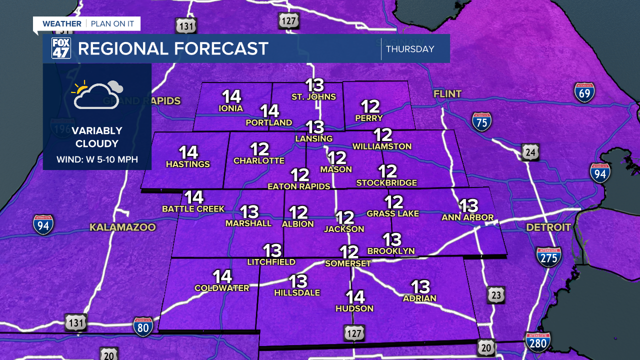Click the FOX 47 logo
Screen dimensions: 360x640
coord(61,48)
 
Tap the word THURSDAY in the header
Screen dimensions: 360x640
coord(409,49)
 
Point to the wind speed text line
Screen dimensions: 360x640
coord(97,160)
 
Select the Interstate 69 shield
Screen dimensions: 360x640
coord(584,92)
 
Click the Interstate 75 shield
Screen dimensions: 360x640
coord(481,121)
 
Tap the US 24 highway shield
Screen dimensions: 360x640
coord(530,151)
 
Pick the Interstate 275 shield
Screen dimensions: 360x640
coord(548,256)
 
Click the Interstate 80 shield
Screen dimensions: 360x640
coord(143,326)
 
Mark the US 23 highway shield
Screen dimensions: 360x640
coord(495,295)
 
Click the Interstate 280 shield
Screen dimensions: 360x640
coord(537,342)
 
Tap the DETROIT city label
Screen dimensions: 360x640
coord(548,227)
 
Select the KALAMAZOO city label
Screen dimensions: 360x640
coord(122,227)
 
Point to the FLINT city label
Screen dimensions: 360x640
coord(447,93)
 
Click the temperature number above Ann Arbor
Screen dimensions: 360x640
coord(468,205)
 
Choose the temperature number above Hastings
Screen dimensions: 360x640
coord(188,152)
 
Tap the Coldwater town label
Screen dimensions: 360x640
coord(221,288)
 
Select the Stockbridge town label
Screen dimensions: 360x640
coord(386,183)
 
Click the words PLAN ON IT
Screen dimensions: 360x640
coord(113,23)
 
